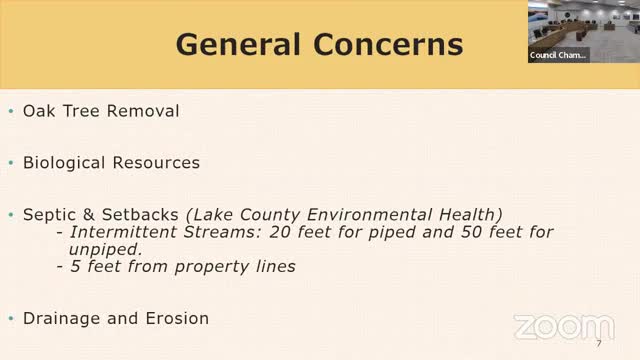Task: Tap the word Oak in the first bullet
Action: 39,111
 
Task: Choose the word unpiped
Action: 99,250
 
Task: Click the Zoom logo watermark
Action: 563,327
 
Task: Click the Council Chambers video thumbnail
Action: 582,31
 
